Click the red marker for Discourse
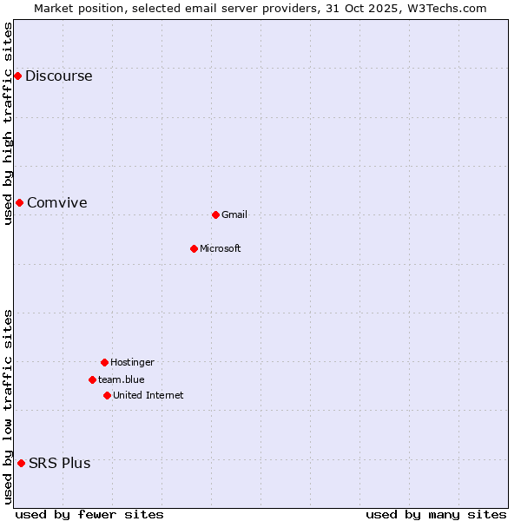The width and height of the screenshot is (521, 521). coord(17,76)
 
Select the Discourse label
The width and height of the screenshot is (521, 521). coord(58,76)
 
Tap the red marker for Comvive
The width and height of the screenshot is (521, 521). coord(19,202)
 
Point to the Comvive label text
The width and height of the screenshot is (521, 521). coord(56,202)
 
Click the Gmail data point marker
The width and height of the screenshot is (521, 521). coord(215,214)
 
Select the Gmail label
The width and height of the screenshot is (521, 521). coord(234,214)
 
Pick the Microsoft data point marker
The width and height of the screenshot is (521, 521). coord(194,248)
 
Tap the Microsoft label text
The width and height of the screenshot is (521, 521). coord(220,248)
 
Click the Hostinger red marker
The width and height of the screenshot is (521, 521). coord(104,362)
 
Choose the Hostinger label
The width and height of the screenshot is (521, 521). coord(132,362)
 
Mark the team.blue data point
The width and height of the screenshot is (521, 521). coord(92,379)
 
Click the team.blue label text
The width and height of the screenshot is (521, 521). coord(122,379)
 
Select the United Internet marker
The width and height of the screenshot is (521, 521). coord(107,395)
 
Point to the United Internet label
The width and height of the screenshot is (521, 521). coord(148,395)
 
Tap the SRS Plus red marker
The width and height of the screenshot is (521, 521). coord(21,463)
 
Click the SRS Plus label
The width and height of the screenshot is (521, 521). coord(59,463)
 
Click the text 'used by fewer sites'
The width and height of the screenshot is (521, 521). coord(89,514)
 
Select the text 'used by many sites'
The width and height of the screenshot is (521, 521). coord(436,514)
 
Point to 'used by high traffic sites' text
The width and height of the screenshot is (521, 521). coord(9,123)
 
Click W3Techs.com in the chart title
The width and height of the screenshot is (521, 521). coord(446,8)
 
